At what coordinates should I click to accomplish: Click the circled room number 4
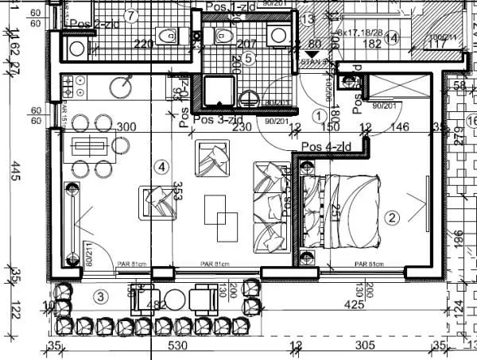[x=161, y=167]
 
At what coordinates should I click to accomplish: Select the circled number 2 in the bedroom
[x=390, y=216]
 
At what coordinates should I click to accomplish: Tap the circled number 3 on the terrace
[x=99, y=296]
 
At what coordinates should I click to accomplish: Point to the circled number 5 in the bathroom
[x=248, y=57]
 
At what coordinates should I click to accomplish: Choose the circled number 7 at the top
[x=131, y=15]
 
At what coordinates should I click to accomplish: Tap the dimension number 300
[x=126, y=127]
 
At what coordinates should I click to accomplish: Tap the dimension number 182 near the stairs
[x=372, y=45]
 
